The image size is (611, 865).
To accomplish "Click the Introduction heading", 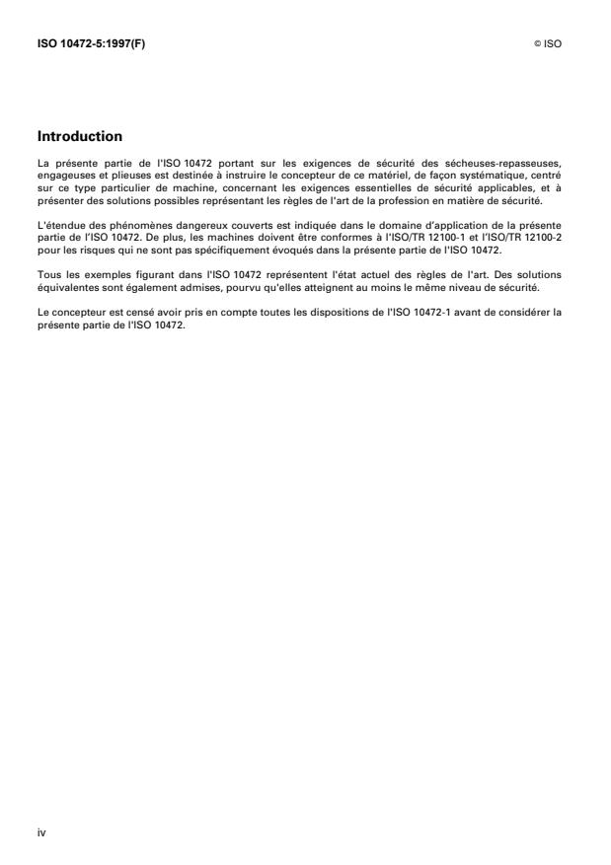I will click(80, 135).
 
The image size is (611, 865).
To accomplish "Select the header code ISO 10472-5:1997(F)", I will click(87, 44).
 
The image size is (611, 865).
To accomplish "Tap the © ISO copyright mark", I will click(551, 44).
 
